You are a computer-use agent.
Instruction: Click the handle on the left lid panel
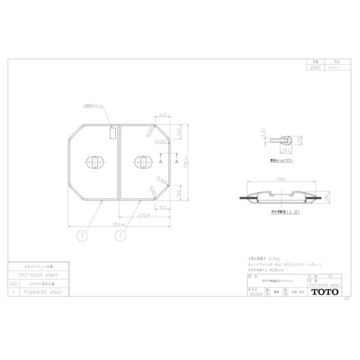coord(94,161)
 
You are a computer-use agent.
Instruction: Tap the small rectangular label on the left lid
coord(113,133)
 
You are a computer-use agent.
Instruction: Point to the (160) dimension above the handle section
coord(279,179)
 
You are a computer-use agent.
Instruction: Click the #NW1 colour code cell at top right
coord(313,68)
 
